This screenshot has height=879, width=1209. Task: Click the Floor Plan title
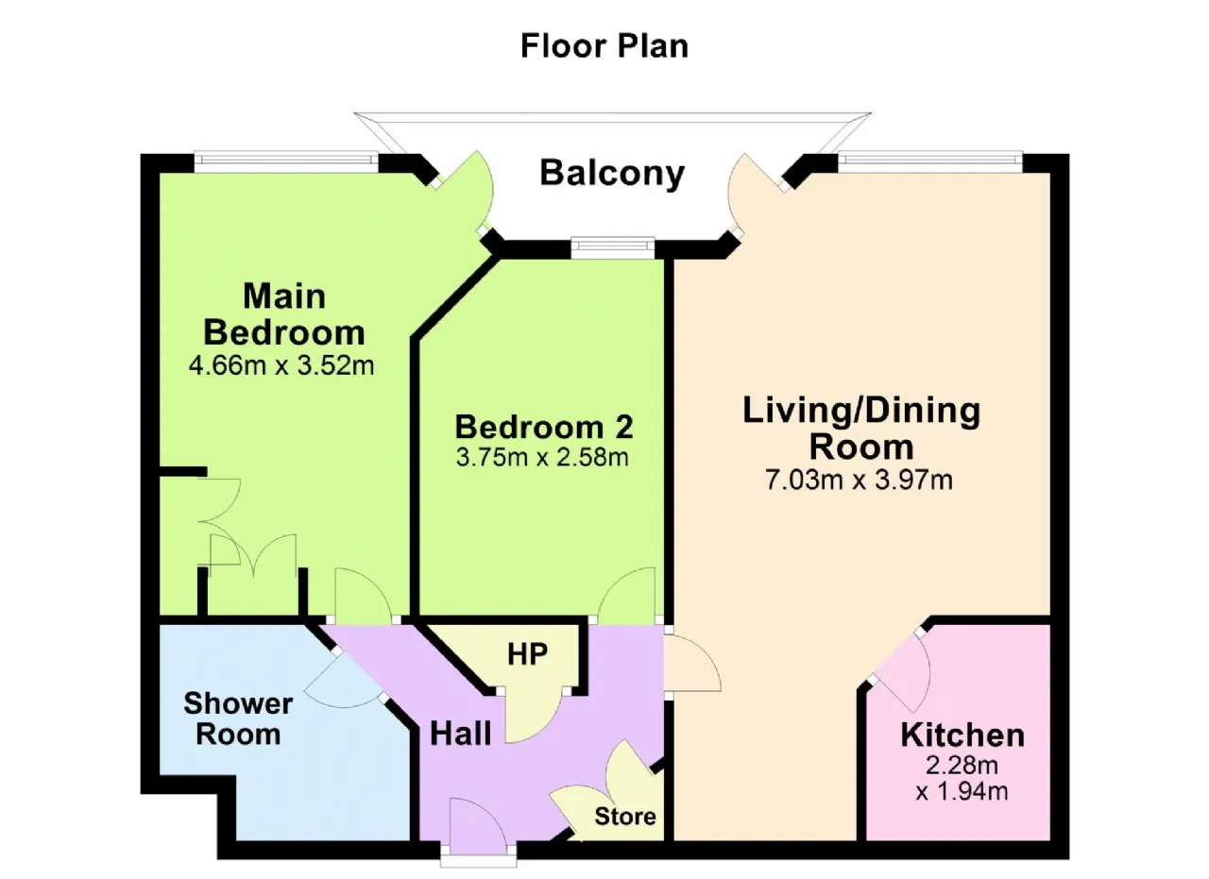pyautogui.click(x=604, y=46)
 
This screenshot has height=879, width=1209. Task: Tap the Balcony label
pyautogui.click(x=612, y=173)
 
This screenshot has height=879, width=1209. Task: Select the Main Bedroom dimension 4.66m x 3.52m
pyautogui.click(x=281, y=365)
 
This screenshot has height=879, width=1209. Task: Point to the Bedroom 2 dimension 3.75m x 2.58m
pyautogui.click(x=542, y=457)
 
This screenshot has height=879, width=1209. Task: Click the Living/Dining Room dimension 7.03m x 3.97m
pyautogui.click(x=860, y=480)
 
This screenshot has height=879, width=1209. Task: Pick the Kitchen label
pyautogui.click(x=962, y=735)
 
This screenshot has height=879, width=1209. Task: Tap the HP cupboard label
pyautogui.click(x=527, y=654)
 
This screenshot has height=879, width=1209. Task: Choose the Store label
pyautogui.click(x=625, y=817)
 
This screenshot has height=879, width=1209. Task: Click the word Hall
pyautogui.click(x=461, y=734)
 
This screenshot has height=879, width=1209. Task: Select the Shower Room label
pyautogui.click(x=238, y=718)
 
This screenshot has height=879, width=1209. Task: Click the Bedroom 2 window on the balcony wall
pyautogui.click(x=613, y=246)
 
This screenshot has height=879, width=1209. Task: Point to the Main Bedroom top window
pyautogui.click(x=286, y=160)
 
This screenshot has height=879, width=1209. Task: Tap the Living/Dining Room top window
pyautogui.click(x=930, y=160)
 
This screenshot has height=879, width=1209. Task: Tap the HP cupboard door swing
pyautogui.click(x=534, y=718)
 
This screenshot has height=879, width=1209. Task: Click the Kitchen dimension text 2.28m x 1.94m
pyautogui.click(x=962, y=778)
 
